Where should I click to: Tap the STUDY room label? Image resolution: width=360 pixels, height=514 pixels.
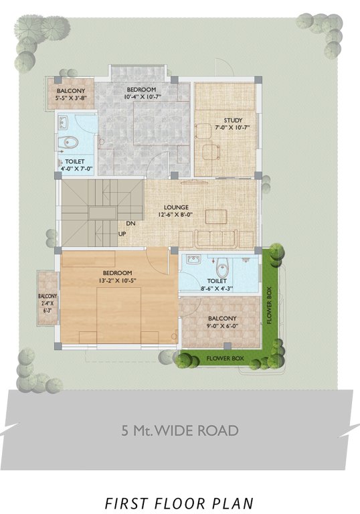[x=229, y=120]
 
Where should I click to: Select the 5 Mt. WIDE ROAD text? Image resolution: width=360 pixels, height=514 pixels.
[x=180, y=430]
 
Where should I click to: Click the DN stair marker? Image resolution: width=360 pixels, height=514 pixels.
[x=131, y=224]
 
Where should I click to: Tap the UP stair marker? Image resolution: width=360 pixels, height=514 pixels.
[x=122, y=234]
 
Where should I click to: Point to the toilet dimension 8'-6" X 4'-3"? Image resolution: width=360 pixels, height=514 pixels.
[x=217, y=289]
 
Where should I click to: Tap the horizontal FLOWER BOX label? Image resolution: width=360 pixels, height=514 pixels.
[x=225, y=359]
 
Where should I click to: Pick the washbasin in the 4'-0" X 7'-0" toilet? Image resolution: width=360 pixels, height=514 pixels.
[x=63, y=122]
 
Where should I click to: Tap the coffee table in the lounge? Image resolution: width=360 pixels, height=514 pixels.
[x=215, y=216]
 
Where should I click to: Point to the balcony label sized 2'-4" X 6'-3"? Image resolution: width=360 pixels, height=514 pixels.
[x=48, y=303]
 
